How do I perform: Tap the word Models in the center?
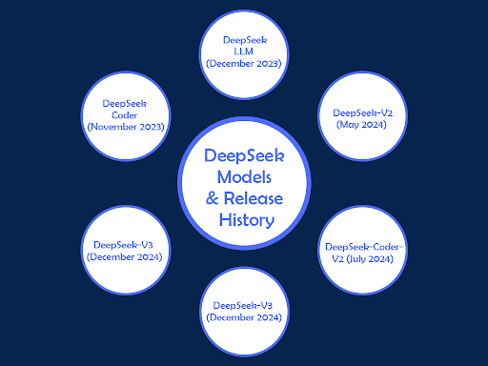[245, 178]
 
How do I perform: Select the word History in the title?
[245, 220]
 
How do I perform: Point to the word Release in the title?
[254, 199]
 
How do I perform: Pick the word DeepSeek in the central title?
[245, 156]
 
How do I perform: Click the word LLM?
[244, 51]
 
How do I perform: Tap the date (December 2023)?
[244, 64]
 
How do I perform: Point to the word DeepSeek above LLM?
[244, 39]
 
